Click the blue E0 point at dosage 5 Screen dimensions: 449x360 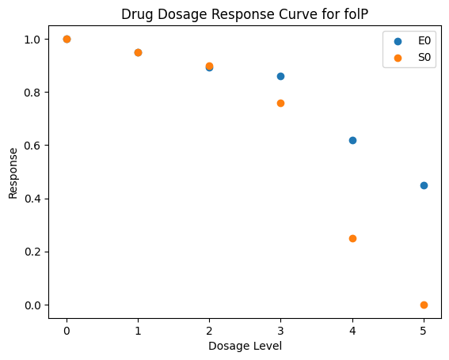(x=424, y=185)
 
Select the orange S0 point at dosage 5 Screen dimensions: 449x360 (x=424, y=305)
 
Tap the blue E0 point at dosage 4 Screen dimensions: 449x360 (x=352, y=141)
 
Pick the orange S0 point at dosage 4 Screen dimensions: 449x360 (x=352, y=239)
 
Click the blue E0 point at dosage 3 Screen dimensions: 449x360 (x=280, y=77)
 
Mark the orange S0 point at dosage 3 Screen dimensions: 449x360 (x=280, y=104)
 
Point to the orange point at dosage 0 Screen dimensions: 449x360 (x=67, y=40)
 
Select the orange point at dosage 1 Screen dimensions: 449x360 (x=138, y=53)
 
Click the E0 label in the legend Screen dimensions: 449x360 (x=424, y=41)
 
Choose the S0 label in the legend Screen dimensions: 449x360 (x=424, y=58)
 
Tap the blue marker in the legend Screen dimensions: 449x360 (x=398, y=41)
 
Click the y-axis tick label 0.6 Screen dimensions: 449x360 (x=32, y=146)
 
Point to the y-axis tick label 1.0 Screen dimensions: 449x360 (x=32, y=40)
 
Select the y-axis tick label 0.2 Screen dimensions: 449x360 (x=32, y=252)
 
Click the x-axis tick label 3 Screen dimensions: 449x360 (x=280, y=331)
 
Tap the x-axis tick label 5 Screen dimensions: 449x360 (x=424, y=331)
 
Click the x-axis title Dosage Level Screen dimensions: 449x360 (x=245, y=347)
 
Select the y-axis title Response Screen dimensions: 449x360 (x=13, y=173)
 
